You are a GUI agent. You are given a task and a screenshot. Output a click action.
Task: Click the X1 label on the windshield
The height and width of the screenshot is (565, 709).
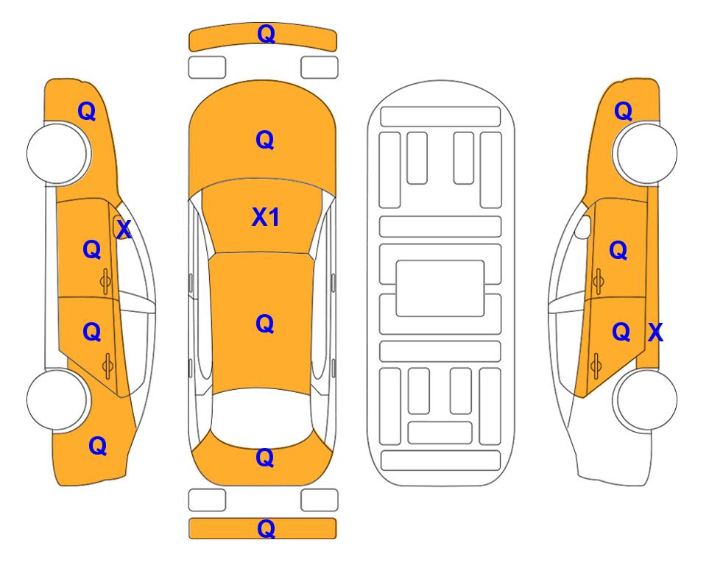point(266,217)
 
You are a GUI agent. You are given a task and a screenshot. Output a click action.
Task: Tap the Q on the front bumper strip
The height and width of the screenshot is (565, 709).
point(266,34)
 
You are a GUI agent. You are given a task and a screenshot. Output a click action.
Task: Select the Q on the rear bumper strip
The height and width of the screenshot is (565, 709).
point(266,528)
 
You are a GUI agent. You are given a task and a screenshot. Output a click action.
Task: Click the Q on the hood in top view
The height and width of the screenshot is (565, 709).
point(265,140)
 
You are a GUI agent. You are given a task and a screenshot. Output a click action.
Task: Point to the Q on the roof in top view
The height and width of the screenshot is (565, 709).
point(265,324)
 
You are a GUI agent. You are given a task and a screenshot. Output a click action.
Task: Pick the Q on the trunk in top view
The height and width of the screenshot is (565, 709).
point(265,458)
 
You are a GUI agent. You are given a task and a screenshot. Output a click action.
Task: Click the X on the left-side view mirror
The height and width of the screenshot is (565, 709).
point(124,230)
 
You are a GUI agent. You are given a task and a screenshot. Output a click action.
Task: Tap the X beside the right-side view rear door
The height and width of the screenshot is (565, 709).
point(655,333)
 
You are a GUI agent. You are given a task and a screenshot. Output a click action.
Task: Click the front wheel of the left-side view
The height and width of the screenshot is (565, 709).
point(57,154)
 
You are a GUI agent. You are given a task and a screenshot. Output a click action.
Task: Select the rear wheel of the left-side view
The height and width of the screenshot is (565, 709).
point(57,399)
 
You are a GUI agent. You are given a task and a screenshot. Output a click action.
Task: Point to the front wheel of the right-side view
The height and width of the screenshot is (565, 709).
point(645,154)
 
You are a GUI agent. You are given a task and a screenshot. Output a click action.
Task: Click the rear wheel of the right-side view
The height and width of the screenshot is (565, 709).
point(645,399)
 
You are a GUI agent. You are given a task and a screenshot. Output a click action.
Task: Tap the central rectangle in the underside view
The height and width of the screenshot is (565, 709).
point(440,288)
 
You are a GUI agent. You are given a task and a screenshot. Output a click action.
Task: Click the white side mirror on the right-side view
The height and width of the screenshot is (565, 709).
point(583,227)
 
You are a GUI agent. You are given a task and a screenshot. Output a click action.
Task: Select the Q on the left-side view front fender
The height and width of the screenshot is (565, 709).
point(87,111)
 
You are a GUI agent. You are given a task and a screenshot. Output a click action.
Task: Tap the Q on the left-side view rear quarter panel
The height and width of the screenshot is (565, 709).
point(98,446)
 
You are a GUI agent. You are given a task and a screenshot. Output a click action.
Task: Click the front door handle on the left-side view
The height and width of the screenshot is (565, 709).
point(105,281)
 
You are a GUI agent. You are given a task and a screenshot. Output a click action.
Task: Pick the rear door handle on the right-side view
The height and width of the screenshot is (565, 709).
point(597,366)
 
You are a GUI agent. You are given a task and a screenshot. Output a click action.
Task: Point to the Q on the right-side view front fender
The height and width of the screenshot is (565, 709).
point(623,111)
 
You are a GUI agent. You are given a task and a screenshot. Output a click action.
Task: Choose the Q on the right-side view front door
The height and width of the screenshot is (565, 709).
point(618,250)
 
